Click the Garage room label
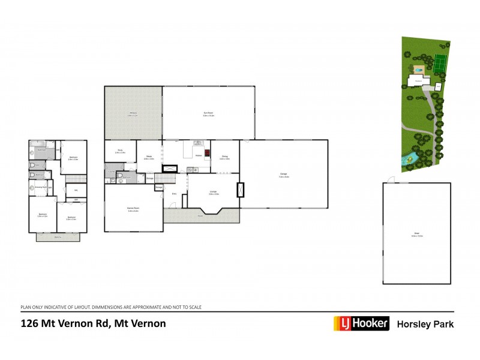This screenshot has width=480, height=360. click(x=284, y=175)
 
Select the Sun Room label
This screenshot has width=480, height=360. click(x=209, y=113)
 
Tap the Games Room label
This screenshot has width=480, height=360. click(x=133, y=209)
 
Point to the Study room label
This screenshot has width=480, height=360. click(x=120, y=152)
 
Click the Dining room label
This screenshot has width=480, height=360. click(x=225, y=157)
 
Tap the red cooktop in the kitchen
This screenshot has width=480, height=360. click(x=208, y=152)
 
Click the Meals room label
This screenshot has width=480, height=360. click(x=149, y=157)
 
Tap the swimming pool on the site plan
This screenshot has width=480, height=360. click(x=419, y=70)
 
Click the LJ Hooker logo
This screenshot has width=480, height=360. click(x=361, y=323)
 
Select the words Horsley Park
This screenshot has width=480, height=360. click(x=425, y=324)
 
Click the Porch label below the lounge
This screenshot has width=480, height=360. click(x=200, y=215)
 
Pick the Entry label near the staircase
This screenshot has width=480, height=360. click(x=174, y=194)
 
